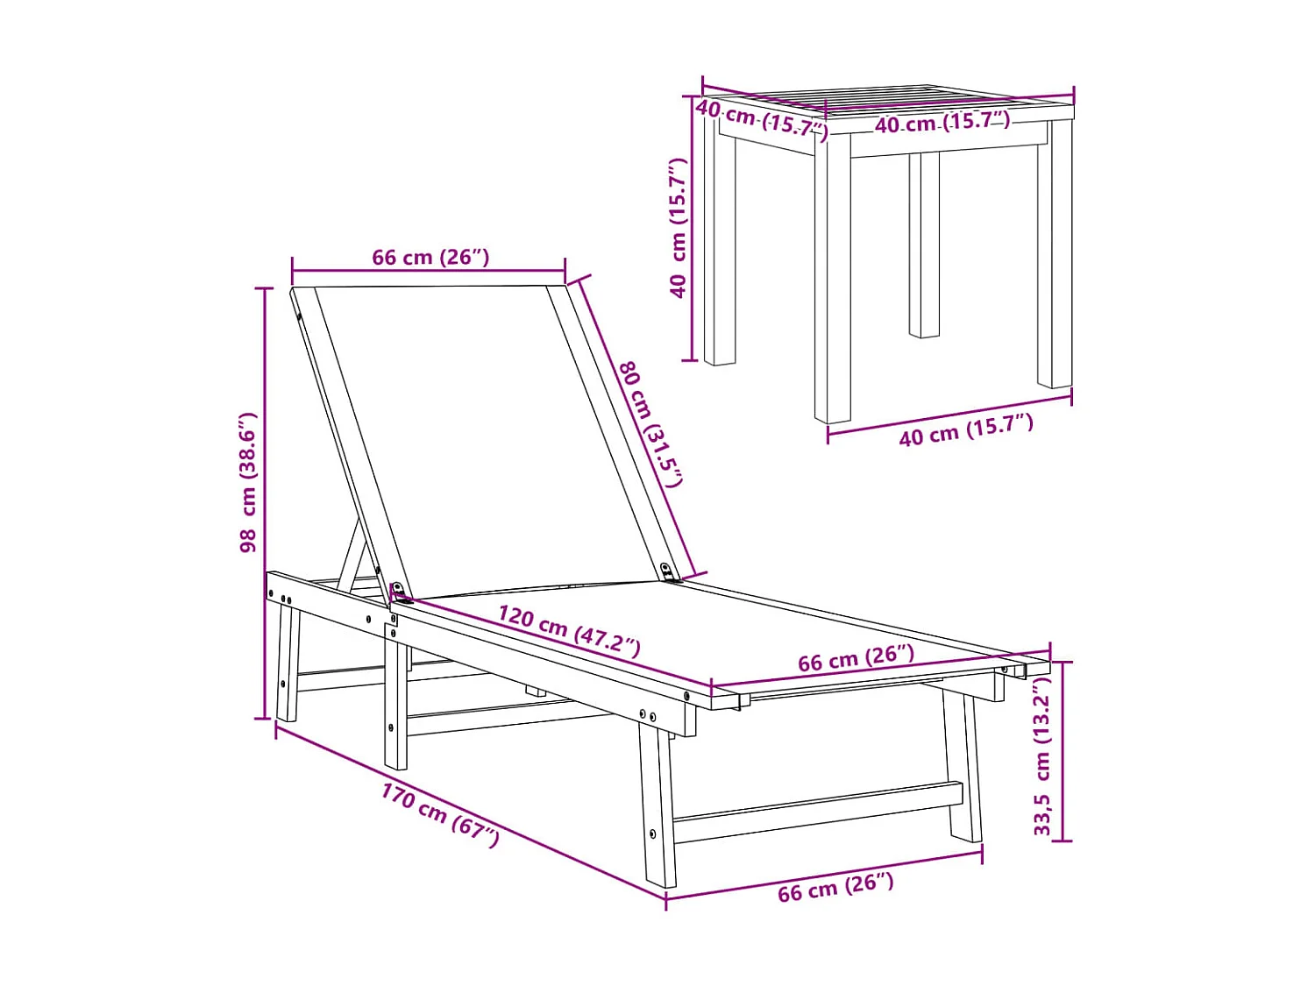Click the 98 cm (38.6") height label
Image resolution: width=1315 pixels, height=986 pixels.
click(x=248, y=482)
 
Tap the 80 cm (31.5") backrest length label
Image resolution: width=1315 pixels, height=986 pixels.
click(x=650, y=423)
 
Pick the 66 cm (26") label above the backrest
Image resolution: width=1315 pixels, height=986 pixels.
click(x=430, y=258)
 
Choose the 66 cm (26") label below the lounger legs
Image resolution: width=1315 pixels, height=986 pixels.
click(x=835, y=887)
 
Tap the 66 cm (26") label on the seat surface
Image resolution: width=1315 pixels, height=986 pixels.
click(x=856, y=658)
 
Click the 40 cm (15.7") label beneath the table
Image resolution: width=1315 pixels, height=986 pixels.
click(x=965, y=430)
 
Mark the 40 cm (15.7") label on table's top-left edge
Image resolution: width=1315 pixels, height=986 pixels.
click(x=761, y=119)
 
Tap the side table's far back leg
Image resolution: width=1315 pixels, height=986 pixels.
click(x=924, y=245)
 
